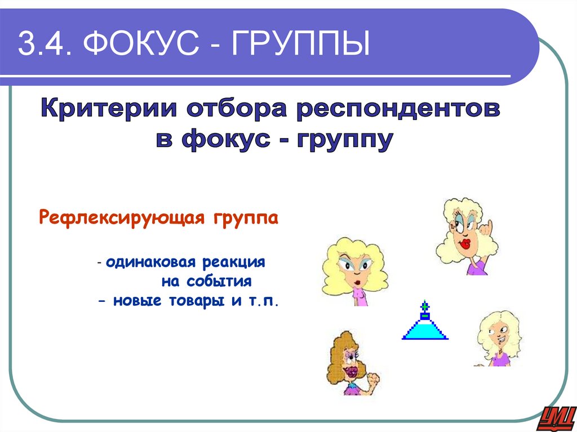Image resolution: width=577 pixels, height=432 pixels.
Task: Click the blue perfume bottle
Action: tap(425, 325)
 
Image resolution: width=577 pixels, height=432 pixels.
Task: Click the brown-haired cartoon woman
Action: tap(349, 363)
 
